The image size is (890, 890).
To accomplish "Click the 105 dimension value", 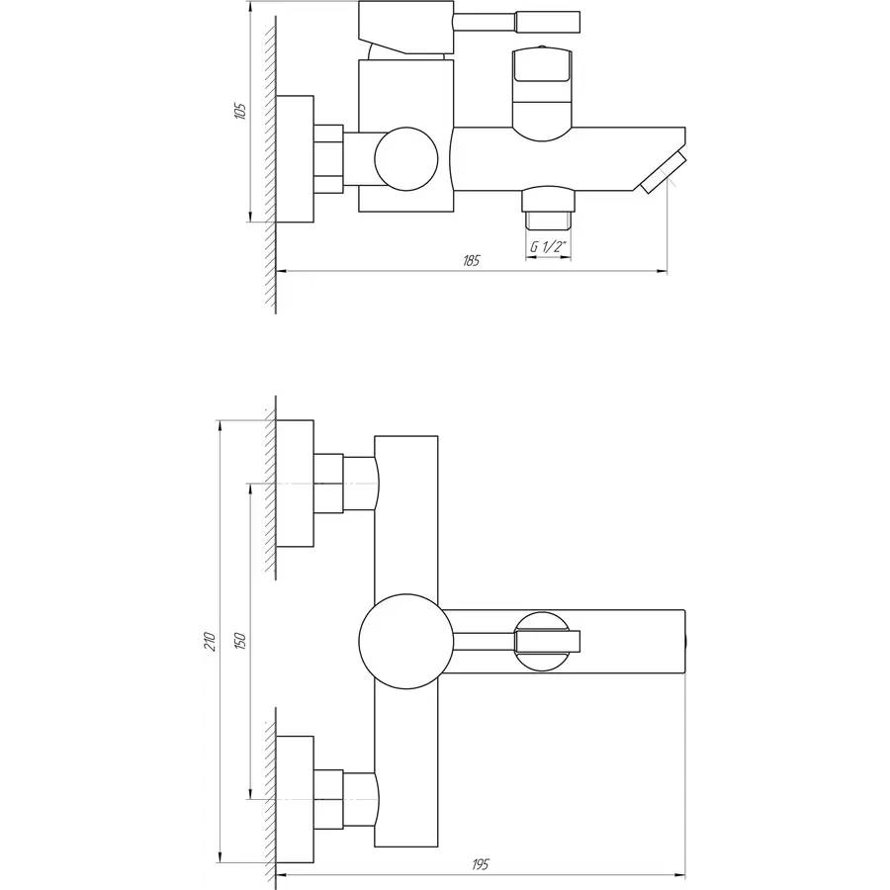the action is [240, 111].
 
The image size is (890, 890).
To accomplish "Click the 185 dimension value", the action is [471, 260].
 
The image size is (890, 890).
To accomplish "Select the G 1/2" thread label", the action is [548, 246].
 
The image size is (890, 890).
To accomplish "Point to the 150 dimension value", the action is [240, 641].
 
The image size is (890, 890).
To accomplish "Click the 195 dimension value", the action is [480, 864].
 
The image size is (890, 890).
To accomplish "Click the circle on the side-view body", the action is [406, 159].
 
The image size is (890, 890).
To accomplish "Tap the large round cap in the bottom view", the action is [406, 642].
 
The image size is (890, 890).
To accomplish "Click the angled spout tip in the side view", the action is [663, 172].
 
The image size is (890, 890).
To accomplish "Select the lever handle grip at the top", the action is [547, 22].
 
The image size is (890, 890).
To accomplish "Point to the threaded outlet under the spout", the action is [548, 209].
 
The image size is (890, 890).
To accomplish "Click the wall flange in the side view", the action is [295, 159].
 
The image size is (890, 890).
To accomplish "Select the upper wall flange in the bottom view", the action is [295, 484].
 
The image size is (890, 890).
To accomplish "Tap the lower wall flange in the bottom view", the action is [295, 799].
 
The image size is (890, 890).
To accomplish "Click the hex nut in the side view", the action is [328, 159].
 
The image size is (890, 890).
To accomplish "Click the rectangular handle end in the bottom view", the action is [547, 642].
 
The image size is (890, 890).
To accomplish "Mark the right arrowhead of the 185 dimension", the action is [662, 271].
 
